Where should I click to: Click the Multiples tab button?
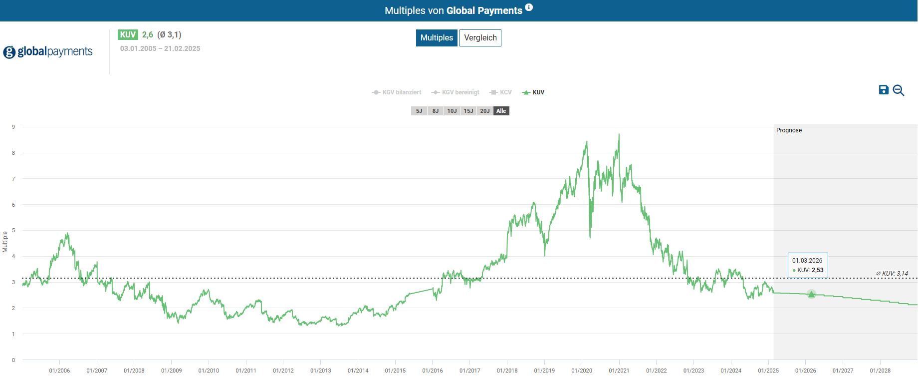coord(437,38)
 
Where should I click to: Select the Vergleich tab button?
coord(480,38)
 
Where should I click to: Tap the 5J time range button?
coord(419,111)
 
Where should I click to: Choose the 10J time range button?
coord(452,111)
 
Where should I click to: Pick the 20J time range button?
coord(485,111)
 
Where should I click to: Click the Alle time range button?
coord(501,111)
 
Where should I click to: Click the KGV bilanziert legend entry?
coord(397,92)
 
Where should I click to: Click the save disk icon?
coord(884,90)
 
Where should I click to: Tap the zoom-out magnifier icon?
coord(899,90)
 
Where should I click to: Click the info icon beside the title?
coord(529,7)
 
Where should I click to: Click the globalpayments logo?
coord(48,52)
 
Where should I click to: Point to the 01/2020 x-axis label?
coord(582,371)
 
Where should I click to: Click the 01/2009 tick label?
coord(171,371)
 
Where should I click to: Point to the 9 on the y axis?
coord(13,127)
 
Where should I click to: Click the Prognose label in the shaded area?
coord(789,130)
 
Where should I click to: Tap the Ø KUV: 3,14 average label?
coord(892,274)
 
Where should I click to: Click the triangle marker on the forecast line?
coord(811,294)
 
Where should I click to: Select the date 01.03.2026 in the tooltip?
coord(807,261)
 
